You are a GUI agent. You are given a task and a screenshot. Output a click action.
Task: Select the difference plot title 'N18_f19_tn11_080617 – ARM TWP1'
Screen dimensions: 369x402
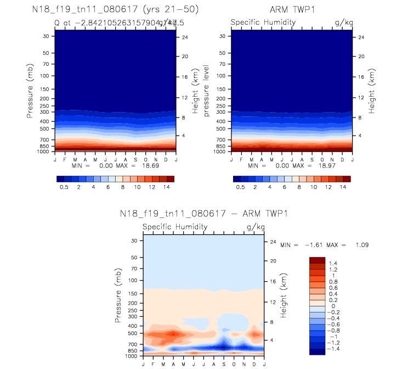pyautogui.click(x=203, y=213)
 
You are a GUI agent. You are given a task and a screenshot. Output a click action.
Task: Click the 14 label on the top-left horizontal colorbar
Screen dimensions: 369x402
pyautogui.click(x=167, y=187)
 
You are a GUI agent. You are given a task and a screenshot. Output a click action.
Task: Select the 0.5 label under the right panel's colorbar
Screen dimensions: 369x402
pyautogui.click(x=240, y=187)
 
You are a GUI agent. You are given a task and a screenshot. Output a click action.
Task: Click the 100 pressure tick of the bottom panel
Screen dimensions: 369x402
pyautogui.click(x=133, y=281)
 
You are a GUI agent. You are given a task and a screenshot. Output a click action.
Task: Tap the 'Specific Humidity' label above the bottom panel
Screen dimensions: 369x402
pyautogui.click(x=175, y=226)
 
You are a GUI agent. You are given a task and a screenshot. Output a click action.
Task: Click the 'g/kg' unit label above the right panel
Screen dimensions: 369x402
pyautogui.click(x=343, y=23)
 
